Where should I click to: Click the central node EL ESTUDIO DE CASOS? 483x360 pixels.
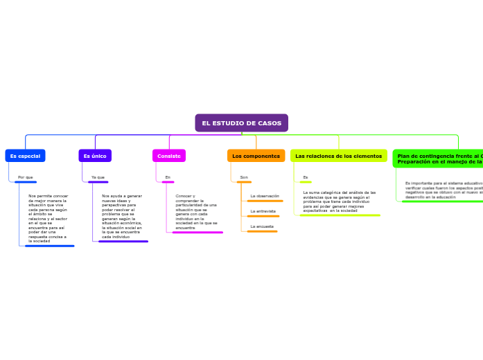point(241,123)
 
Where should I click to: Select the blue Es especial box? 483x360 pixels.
point(25,156)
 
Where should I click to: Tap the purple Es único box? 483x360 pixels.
point(95,156)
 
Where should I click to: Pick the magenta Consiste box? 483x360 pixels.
point(169,156)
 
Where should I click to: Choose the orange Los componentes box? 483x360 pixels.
point(256,156)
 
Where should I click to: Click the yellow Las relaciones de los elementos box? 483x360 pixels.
point(338,156)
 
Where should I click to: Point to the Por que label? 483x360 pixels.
point(26,177)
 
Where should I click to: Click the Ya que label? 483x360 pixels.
point(98,177)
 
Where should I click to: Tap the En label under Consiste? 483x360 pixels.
point(168,177)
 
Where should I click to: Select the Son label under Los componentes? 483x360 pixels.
point(244,177)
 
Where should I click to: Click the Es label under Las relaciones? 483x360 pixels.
point(305,177)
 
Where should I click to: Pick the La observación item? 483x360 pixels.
point(265,196)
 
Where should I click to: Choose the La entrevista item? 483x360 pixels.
point(263,211)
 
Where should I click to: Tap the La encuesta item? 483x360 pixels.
point(262,226)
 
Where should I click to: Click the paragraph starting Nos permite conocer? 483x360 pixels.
point(48,218)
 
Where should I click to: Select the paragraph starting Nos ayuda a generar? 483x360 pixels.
point(122,216)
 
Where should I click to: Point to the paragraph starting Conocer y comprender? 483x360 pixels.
point(196,212)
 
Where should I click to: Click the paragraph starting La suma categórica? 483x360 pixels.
point(340,201)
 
